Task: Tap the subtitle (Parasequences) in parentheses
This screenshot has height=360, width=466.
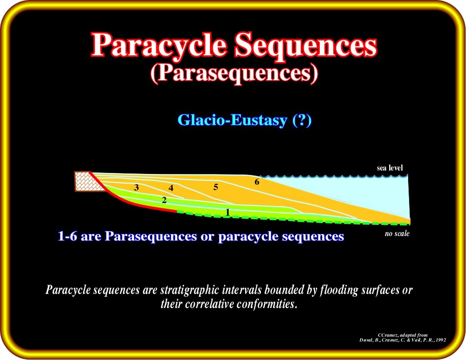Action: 234,73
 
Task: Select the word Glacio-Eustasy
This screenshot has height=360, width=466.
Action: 232,120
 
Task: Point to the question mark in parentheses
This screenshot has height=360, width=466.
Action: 302,120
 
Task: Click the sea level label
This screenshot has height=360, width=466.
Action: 390,168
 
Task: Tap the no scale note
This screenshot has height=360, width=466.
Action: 397,234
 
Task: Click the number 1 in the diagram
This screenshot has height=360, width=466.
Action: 227,212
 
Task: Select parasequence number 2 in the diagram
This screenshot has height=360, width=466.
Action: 164,200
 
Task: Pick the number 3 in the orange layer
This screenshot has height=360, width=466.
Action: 137,187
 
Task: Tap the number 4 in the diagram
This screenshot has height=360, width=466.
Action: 171,188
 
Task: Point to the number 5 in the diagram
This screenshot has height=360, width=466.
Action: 216,187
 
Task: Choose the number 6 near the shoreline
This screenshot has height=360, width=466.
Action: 257,182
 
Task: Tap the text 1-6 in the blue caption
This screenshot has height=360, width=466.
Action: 67,237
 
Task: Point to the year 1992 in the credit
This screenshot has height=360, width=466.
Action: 441,340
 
